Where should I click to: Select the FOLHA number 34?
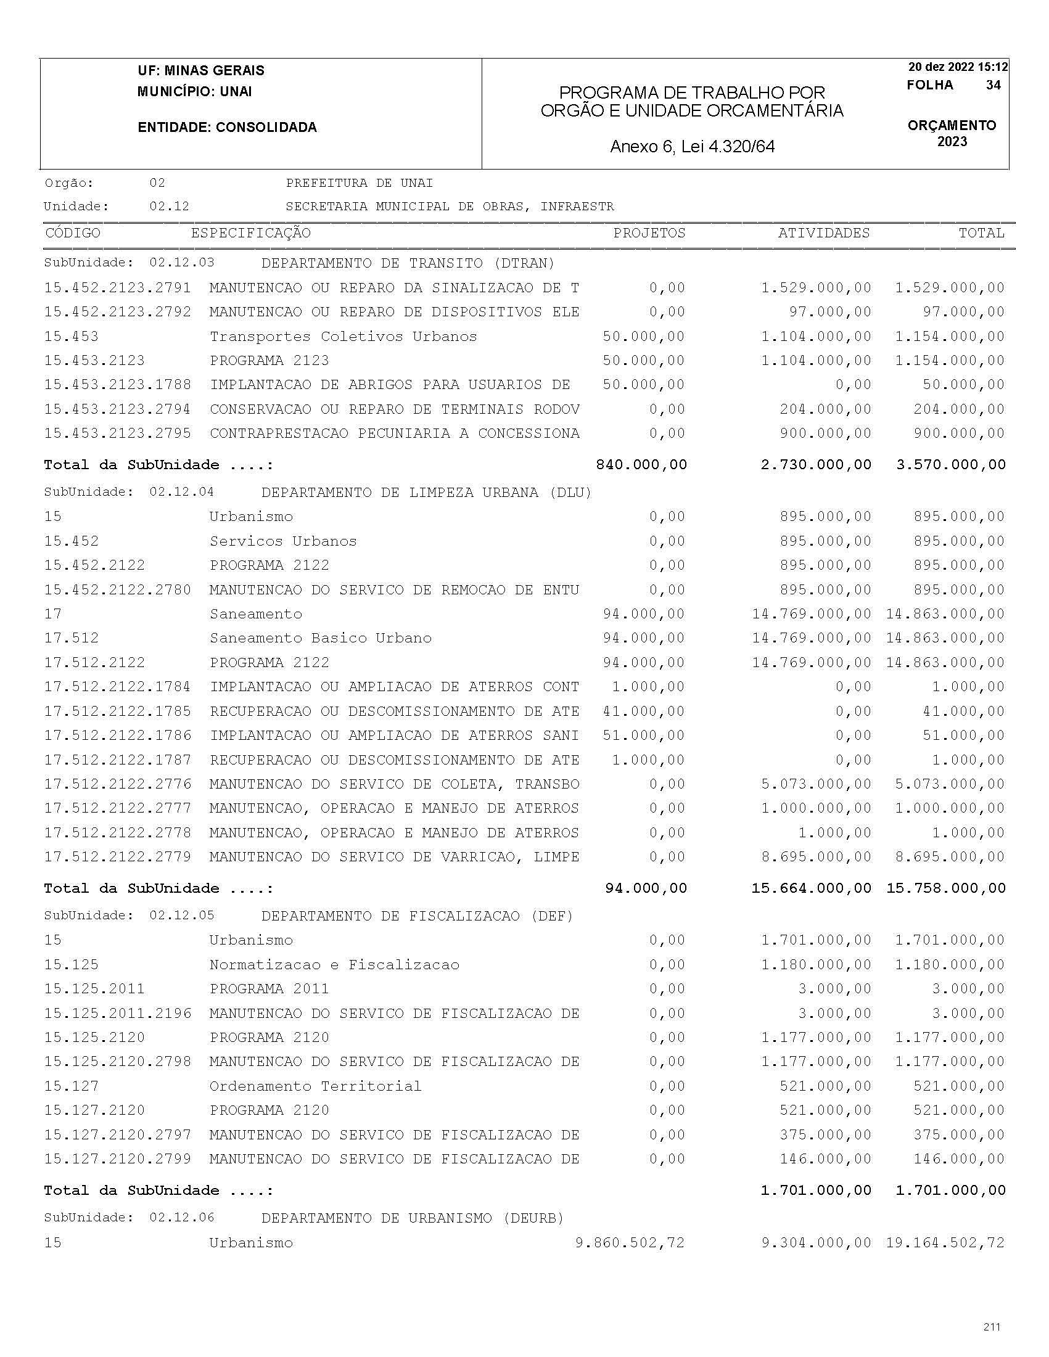click(x=993, y=85)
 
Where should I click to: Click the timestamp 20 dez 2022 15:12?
click(x=958, y=67)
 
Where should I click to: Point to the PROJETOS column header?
click(x=649, y=233)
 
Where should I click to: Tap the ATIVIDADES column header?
click(x=823, y=233)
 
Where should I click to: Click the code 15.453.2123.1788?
click(x=117, y=385)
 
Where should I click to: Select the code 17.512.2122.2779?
click(x=117, y=857)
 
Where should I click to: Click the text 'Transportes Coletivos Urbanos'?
click(x=343, y=337)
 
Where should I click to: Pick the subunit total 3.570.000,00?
click(x=950, y=465)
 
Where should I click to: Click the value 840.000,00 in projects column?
click(x=641, y=465)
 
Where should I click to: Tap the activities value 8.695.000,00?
click(x=816, y=857)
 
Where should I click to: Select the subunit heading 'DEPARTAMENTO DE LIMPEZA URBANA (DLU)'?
click(x=426, y=493)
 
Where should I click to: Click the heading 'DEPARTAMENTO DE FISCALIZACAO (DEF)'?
click(x=417, y=916)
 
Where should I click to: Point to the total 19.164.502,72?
click(x=945, y=1243)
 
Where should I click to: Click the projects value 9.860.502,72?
click(x=630, y=1243)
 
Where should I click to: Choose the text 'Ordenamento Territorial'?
click(x=315, y=1086)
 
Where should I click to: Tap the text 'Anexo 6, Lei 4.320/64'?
click(x=693, y=147)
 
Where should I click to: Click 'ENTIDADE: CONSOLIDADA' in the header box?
click(x=228, y=128)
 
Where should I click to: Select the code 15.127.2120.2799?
click(x=117, y=1159)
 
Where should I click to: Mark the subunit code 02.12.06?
click(x=181, y=1217)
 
